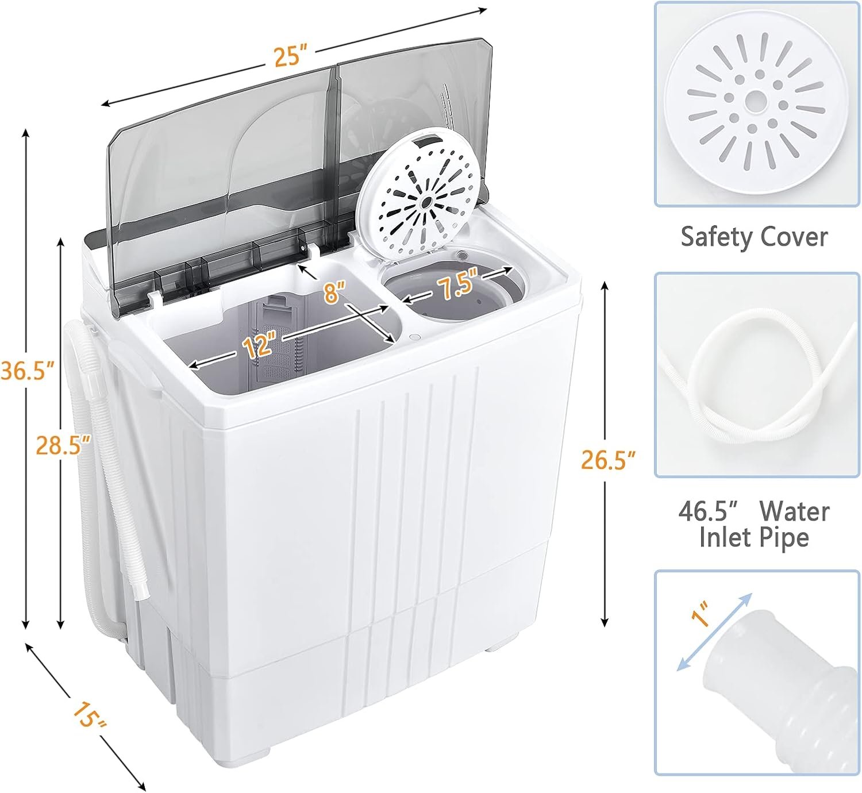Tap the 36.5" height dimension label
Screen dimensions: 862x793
pyautogui.click(x=28, y=371)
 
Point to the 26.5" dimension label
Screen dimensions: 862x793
pyautogui.click(x=608, y=459)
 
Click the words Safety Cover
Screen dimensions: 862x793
pyautogui.click(x=754, y=237)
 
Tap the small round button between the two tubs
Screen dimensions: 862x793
pyautogui.click(x=415, y=337)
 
